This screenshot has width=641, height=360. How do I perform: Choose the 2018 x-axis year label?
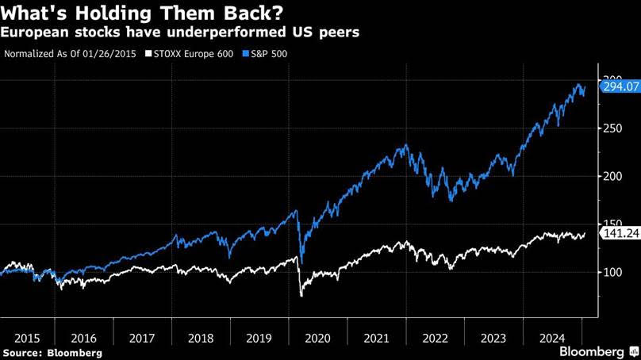pos(202,338)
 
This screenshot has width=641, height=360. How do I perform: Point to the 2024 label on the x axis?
pos(553,338)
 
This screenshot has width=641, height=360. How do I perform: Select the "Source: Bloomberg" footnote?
pos(52,351)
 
